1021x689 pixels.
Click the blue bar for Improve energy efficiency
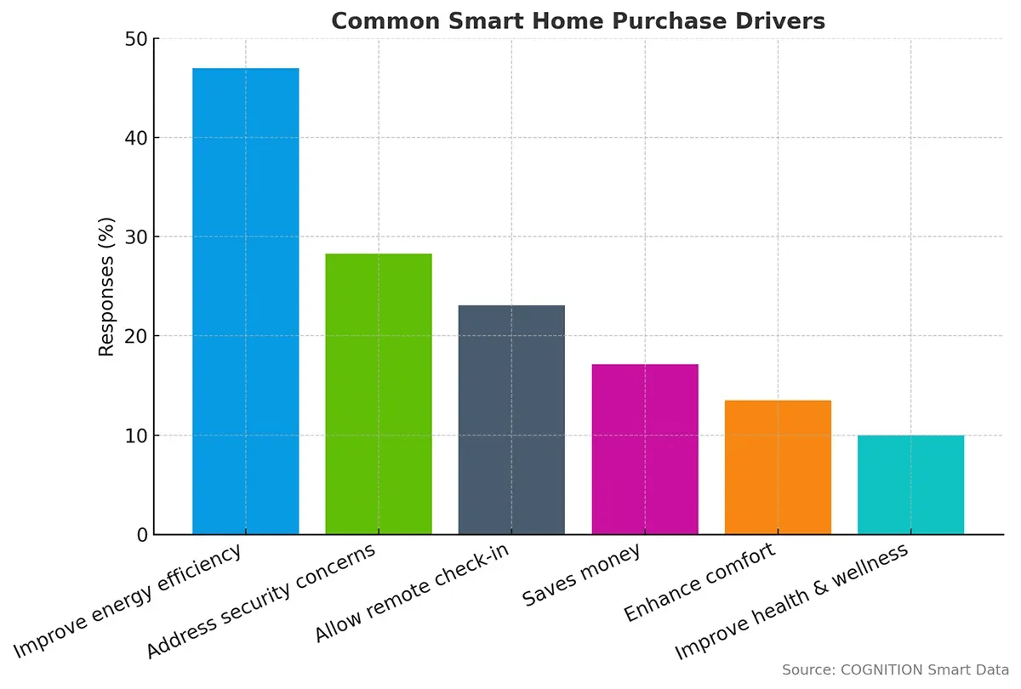(x=245, y=301)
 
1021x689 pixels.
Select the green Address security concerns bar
(x=379, y=394)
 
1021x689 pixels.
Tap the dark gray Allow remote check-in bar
(x=511, y=419)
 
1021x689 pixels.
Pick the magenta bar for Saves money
(x=645, y=449)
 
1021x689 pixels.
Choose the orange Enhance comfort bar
(x=778, y=467)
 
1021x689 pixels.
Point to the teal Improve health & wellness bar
(x=910, y=485)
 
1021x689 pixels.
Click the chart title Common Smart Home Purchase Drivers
(x=578, y=20)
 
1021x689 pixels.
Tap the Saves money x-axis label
(x=581, y=577)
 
